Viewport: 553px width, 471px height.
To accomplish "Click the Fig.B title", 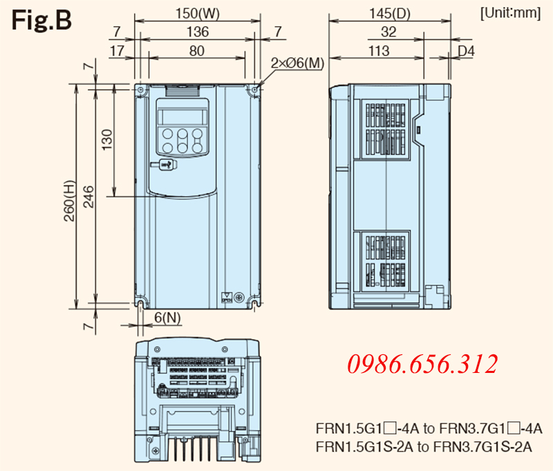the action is (41, 20).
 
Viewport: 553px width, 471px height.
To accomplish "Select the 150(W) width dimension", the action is (198, 14).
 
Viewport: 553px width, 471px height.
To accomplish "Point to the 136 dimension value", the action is (198, 32).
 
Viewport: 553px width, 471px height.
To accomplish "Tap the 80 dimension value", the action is (197, 51).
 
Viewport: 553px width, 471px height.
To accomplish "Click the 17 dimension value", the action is (117, 51).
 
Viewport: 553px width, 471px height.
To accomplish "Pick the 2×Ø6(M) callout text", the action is (297, 63).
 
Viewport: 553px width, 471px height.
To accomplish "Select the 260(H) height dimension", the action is (70, 201).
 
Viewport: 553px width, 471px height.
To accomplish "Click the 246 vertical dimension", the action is (88, 197).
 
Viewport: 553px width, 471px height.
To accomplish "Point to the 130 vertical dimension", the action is (106, 140).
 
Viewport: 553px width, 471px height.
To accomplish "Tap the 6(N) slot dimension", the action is (167, 318).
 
